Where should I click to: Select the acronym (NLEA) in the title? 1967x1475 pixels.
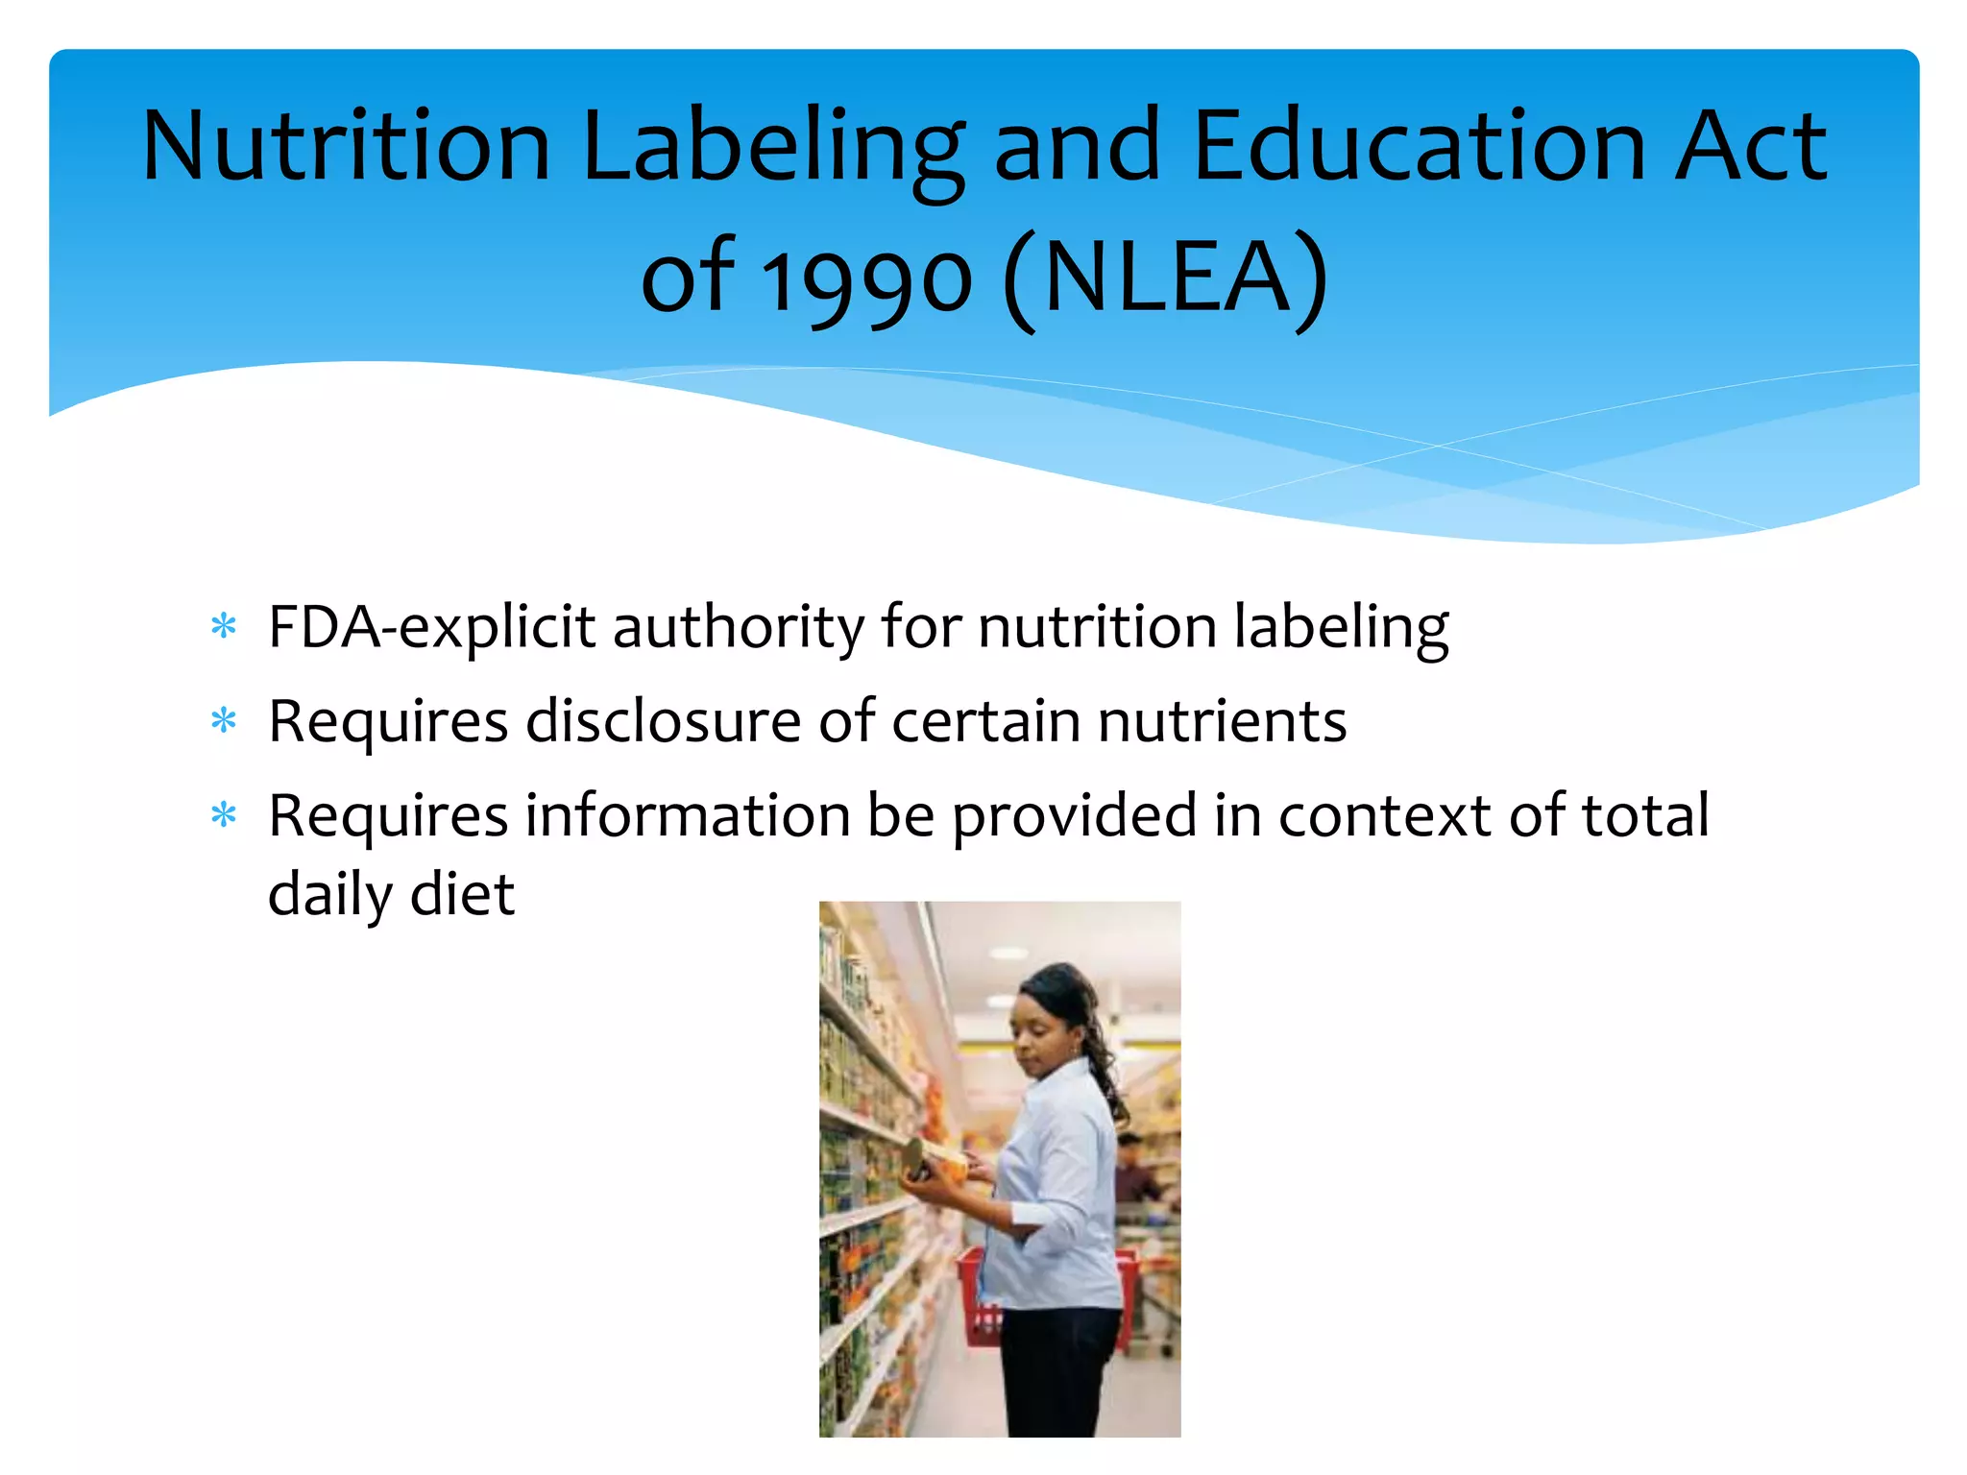1166,278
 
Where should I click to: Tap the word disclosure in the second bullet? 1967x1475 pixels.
663,721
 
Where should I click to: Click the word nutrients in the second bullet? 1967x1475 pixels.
1222,721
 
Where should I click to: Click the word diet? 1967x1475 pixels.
463,895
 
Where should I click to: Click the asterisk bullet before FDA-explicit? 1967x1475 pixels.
224,627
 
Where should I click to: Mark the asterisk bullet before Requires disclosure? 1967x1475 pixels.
224,720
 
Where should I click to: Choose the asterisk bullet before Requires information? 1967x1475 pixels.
224,815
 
